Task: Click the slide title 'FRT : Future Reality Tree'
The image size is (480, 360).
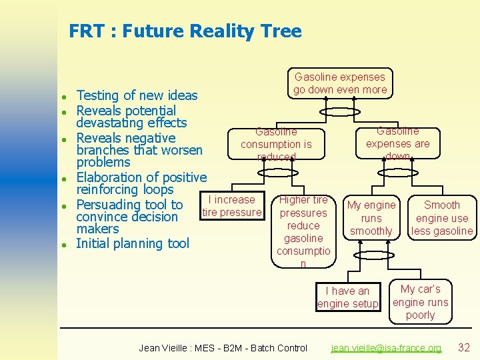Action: click(185, 31)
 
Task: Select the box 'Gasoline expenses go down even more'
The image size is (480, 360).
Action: click(340, 83)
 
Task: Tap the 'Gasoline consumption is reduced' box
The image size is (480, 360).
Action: click(276, 144)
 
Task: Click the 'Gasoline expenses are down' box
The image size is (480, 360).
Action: click(398, 143)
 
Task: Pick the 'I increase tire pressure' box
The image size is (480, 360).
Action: click(231, 206)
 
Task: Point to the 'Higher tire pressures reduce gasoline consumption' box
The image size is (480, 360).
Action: click(303, 231)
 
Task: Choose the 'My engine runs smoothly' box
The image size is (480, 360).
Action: click(371, 218)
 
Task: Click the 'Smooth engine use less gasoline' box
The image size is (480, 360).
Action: click(442, 218)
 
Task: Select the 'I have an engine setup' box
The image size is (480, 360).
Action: click(347, 297)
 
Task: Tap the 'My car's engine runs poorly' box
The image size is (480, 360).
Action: click(420, 302)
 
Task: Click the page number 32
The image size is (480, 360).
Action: click(464, 347)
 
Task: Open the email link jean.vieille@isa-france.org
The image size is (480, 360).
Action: click(387, 348)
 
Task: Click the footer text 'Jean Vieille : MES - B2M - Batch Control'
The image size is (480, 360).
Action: click(223, 348)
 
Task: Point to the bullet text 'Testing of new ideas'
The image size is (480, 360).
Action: click(137, 96)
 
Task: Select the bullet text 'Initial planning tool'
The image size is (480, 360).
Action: click(133, 243)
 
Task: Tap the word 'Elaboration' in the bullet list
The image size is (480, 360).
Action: click(110, 177)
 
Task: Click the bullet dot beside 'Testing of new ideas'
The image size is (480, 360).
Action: click(63, 96)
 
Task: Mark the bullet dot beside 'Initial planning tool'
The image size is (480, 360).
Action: click(63, 244)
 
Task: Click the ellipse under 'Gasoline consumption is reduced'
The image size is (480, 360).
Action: click(275, 173)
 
